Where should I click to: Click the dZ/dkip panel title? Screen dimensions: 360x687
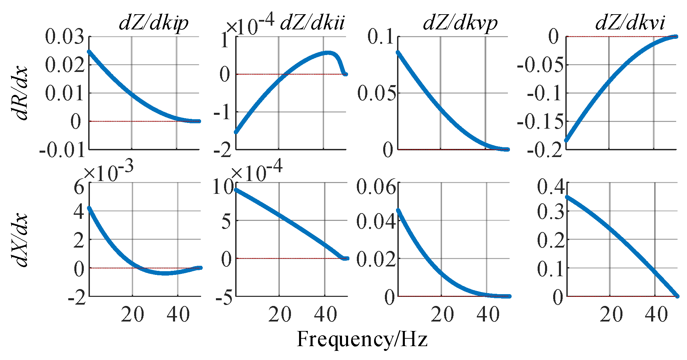[x=153, y=23]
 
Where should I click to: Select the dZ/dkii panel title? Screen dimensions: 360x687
[x=312, y=23]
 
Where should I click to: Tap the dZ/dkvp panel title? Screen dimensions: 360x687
[x=460, y=23]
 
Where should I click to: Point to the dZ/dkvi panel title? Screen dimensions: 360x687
[x=630, y=23]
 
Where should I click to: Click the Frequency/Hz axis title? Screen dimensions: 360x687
[x=362, y=339]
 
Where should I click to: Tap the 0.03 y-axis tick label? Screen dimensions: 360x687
[x=64, y=36]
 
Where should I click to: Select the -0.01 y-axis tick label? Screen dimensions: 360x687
[x=62, y=150]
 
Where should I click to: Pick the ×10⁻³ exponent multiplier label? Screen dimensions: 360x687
[x=108, y=172]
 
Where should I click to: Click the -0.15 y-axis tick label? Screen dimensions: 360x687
[x=540, y=122]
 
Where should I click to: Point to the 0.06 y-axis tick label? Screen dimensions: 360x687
[x=376, y=186]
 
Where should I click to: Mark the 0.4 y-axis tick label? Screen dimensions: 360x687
[x=551, y=186]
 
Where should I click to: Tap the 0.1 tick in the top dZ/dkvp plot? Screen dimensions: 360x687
[x=381, y=36]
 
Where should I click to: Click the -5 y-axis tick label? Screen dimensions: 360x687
[x=224, y=297]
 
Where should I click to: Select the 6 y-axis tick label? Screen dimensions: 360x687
[x=79, y=186]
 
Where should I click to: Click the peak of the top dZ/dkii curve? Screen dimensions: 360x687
[x=328, y=53]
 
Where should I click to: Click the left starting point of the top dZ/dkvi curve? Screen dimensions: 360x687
[x=567, y=140]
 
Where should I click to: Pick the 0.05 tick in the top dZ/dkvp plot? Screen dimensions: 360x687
[x=376, y=93]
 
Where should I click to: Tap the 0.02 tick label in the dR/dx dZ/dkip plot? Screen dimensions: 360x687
[x=64, y=65]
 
